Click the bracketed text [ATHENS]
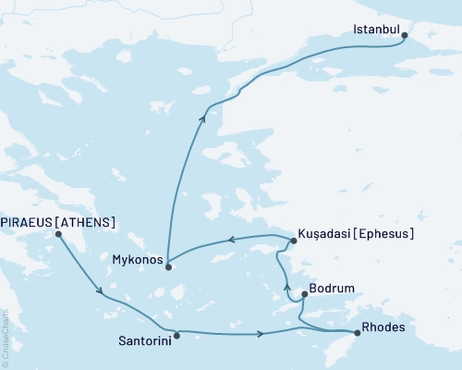point(89,222)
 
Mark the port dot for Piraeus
point(58,234)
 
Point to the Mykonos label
point(136,259)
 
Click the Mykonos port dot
point(168,265)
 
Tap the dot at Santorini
point(176,336)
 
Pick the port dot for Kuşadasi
point(293,241)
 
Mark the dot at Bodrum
point(304,295)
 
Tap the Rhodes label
point(383,327)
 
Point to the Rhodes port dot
point(357,333)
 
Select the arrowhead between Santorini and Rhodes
point(262,333)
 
